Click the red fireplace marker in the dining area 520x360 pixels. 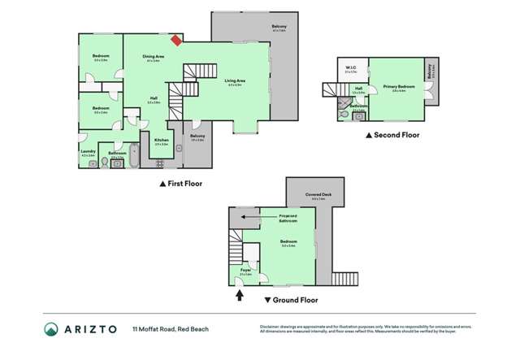tap(175, 39)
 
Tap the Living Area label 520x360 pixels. tap(236, 81)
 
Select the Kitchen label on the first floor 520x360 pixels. tap(162, 141)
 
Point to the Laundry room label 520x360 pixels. tap(89, 151)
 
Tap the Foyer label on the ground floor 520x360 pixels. tap(245, 271)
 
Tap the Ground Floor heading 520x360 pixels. tap(289, 299)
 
